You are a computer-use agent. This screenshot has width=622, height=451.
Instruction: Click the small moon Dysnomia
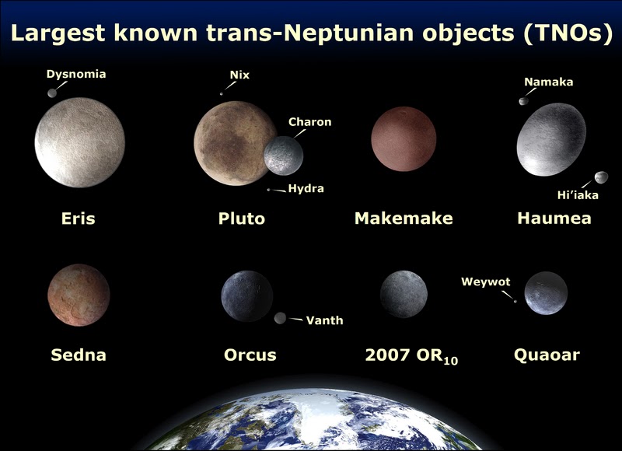[53, 93]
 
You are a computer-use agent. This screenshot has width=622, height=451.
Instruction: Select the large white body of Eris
[80, 142]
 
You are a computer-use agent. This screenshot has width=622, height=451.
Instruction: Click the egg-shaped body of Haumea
[551, 139]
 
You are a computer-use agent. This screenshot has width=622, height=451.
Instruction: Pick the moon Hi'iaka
[601, 178]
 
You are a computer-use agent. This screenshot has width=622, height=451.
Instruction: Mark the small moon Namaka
[524, 100]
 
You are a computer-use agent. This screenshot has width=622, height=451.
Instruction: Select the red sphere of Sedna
[78, 295]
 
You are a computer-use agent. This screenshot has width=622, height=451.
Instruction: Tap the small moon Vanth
[281, 318]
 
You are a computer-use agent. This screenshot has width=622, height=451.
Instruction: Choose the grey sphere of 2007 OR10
[404, 294]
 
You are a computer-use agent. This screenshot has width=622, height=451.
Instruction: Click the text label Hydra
[306, 189]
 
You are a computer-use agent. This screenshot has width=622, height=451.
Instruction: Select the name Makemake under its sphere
[403, 219]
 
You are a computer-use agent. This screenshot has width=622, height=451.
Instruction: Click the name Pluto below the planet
[242, 219]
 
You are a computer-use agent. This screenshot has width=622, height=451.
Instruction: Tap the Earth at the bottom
[311, 424]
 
